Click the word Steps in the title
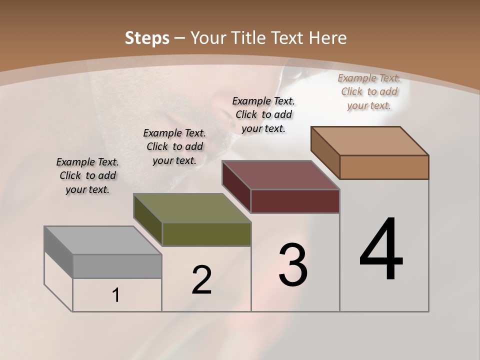pyautogui.click(x=147, y=38)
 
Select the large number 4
pyautogui.click(x=381, y=250)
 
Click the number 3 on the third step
pyautogui.click(x=293, y=265)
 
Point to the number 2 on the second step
pyautogui.click(x=201, y=280)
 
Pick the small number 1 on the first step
pyautogui.click(x=116, y=295)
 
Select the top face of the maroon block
pyautogui.click(x=280, y=175)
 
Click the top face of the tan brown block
pyautogui.click(x=370, y=141)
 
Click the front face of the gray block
pyautogui.click(x=117, y=266)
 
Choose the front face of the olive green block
pyautogui.click(x=206, y=234)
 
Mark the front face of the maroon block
pyautogui.click(x=295, y=201)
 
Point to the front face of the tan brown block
pyautogui.click(x=384, y=167)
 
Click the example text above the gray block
pyautogui.click(x=87, y=175)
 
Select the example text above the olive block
pyautogui.click(x=174, y=146)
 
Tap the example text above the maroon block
pyautogui.click(x=263, y=114)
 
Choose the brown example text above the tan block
pyautogui.click(x=369, y=91)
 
